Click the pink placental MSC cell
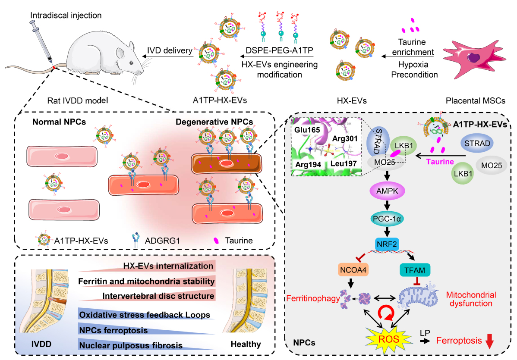[474, 55]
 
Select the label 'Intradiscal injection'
[66, 16]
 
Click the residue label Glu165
[306, 129]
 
